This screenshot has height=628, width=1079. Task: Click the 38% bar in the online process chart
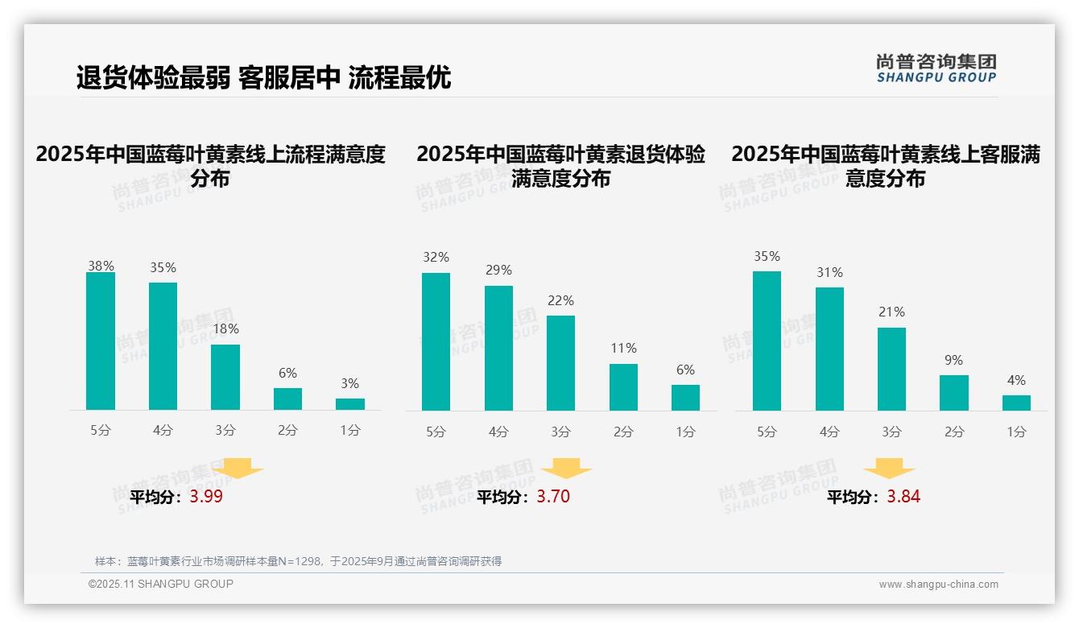101,341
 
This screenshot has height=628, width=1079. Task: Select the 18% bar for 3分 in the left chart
225,377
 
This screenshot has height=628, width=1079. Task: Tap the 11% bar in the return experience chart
623,387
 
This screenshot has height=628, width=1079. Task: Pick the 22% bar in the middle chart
560,363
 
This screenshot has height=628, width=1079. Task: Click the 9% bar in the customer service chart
953,393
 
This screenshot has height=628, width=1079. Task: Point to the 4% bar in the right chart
1016,403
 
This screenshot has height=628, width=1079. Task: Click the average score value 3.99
206,497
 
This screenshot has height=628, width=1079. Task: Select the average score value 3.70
553,497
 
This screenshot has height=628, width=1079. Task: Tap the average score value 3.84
903,497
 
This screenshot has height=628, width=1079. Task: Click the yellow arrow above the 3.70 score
566,469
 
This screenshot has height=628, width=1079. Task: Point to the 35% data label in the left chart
163,268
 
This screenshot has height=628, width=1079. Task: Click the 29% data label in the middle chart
498,271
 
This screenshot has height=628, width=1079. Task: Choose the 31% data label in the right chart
829,273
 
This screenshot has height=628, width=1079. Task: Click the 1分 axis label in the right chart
1016,432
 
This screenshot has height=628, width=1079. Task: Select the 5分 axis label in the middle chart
436,432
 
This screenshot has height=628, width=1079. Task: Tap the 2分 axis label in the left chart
287,431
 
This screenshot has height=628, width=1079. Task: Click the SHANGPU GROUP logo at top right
936,68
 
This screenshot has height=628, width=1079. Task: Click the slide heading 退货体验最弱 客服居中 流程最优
263,77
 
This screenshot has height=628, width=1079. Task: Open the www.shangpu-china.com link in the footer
938,585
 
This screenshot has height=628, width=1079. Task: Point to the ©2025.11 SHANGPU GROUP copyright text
161,584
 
